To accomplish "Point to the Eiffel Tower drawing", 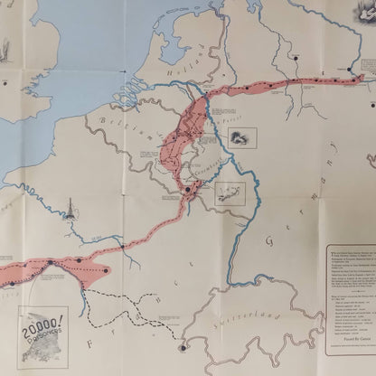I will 66,211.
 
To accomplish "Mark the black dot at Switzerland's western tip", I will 182,347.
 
